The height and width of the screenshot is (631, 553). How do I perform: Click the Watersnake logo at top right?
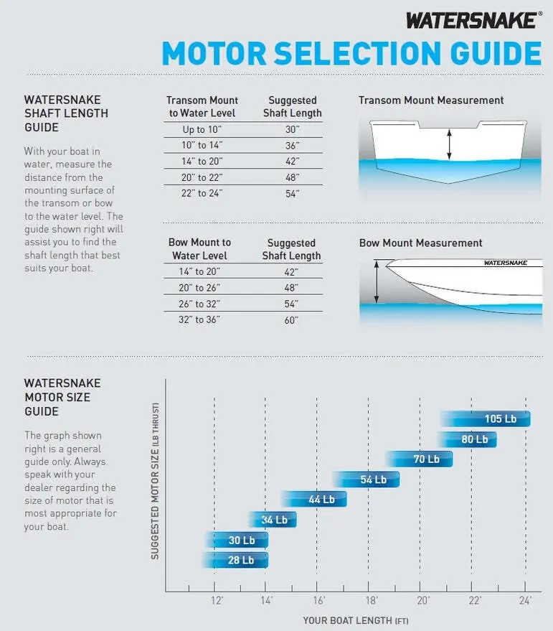click(x=471, y=19)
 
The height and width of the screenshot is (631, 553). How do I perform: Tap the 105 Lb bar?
click(x=486, y=419)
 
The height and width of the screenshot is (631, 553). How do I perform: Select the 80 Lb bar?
click(x=467, y=439)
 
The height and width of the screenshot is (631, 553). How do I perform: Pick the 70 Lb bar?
click(x=420, y=459)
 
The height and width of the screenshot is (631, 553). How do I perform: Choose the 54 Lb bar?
click(x=367, y=479)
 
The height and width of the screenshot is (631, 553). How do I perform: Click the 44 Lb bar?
click(x=314, y=499)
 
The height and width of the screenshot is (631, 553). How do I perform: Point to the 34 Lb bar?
click(x=273, y=519)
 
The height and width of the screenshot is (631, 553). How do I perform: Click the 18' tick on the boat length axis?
click(x=371, y=600)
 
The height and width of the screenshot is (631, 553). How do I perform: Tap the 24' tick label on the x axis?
click(x=525, y=600)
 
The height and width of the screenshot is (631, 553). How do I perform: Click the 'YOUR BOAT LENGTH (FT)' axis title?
click(x=355, y=620)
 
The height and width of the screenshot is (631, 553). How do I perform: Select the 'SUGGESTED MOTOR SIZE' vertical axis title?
click(x=155, y=481)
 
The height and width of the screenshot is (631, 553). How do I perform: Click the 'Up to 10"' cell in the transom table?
click(x=202, y=130)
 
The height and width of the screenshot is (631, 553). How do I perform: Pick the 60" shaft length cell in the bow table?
click(x=291, y=319)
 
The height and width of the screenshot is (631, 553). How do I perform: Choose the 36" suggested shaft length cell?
click(x=291, y=146)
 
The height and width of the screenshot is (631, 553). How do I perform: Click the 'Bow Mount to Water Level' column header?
click(x=200, y=249)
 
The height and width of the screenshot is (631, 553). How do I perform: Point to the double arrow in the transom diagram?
click(x=449, y=144)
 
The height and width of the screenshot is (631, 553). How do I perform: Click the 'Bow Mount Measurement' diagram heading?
click(x=420, y=243)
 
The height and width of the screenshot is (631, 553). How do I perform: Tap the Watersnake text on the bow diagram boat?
click(x=505, y=263)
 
